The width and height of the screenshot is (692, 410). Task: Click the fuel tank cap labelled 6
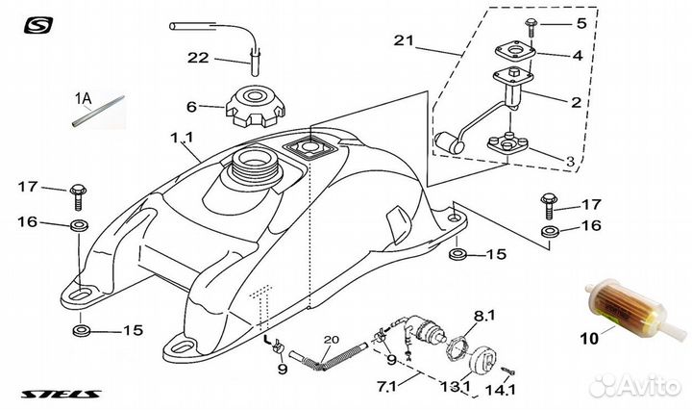pyautogui.click(x=256, y=107)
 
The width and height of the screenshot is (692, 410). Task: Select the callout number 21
pyautogui.click(x=405, y=40)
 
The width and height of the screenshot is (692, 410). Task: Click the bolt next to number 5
pyautogui.click(x=530, y=28)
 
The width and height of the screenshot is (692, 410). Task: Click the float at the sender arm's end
pyautogui.click(x=449, y=143)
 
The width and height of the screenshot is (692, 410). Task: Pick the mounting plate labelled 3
pyautogui.click(x=508, y=142)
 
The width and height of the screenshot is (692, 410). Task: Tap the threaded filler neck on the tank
pyautogui.click(x=251, y=166)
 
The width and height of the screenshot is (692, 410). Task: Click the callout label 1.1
pyautogui.click(x=182, y=138)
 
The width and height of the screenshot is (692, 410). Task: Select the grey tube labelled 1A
pyautogui.click(x=98, y=111)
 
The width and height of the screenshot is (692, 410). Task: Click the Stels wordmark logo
pyautogui.click(x=61, y=394)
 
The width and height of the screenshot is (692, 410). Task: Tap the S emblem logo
pyautogui.click(x=38, y=25)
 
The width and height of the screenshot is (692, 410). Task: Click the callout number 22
pyautogui.click(x=198, y=58)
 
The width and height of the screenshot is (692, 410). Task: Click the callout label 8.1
pyautogui.click(x=484, y=316)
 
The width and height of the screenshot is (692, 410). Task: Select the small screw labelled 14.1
pyautogui.click(x=508, y=372)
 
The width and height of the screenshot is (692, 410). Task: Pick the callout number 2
pyautogui.click(x=577, y=102)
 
